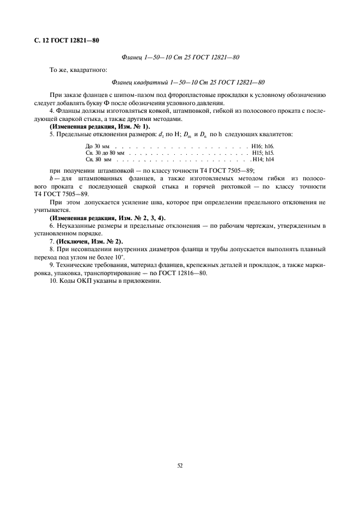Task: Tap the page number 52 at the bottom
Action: click(180, 465)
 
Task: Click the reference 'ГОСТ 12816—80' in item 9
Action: click(185, 273)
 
